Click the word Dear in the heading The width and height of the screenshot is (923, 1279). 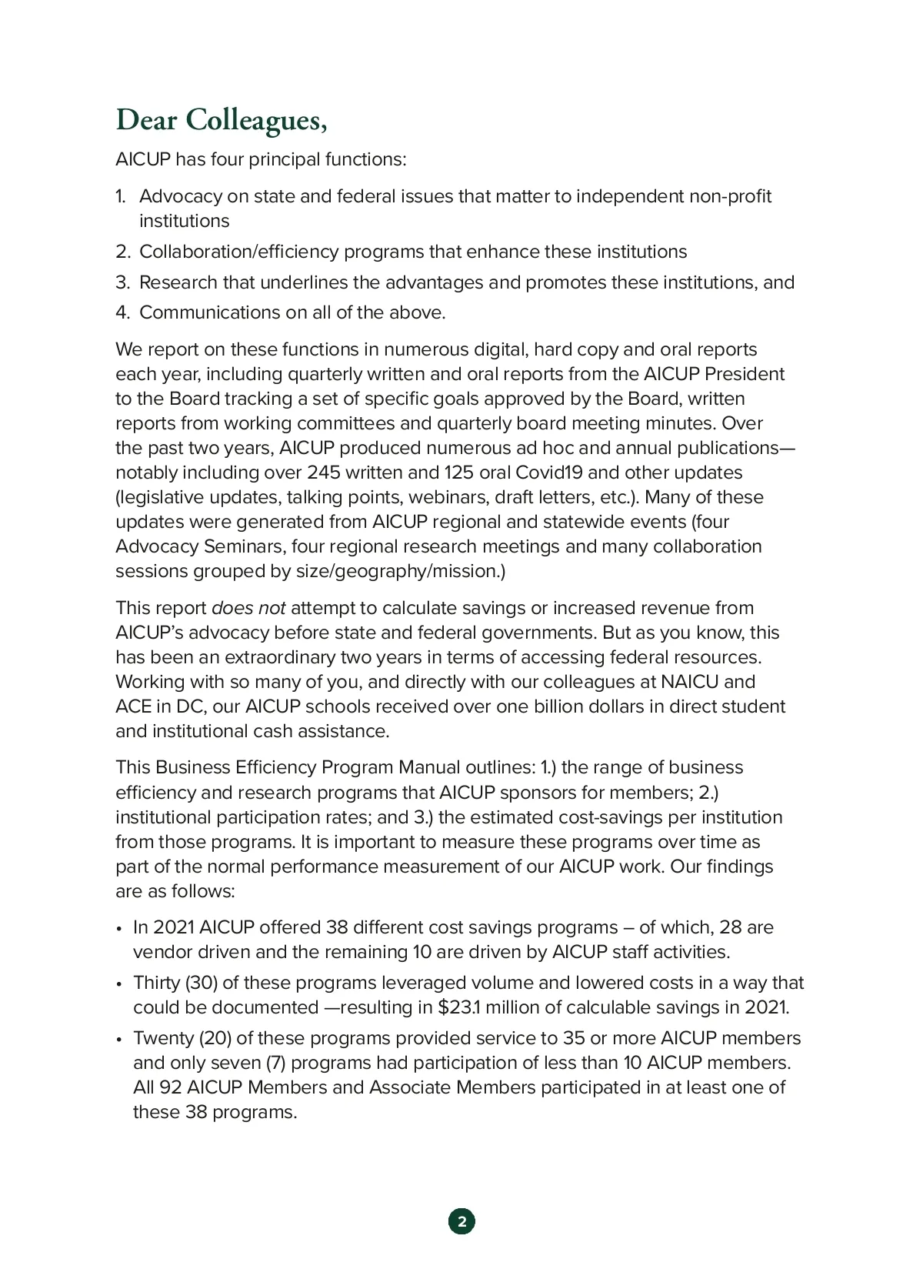[147, 120]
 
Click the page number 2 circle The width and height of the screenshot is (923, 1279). [461, 1221]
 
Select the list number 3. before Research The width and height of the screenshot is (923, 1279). [123, 282]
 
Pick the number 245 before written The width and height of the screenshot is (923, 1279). [323, 473]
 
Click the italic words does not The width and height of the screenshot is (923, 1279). [248, 608]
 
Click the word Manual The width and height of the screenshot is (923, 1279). [428, 767]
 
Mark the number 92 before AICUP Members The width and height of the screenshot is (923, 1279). [171, 1087]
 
